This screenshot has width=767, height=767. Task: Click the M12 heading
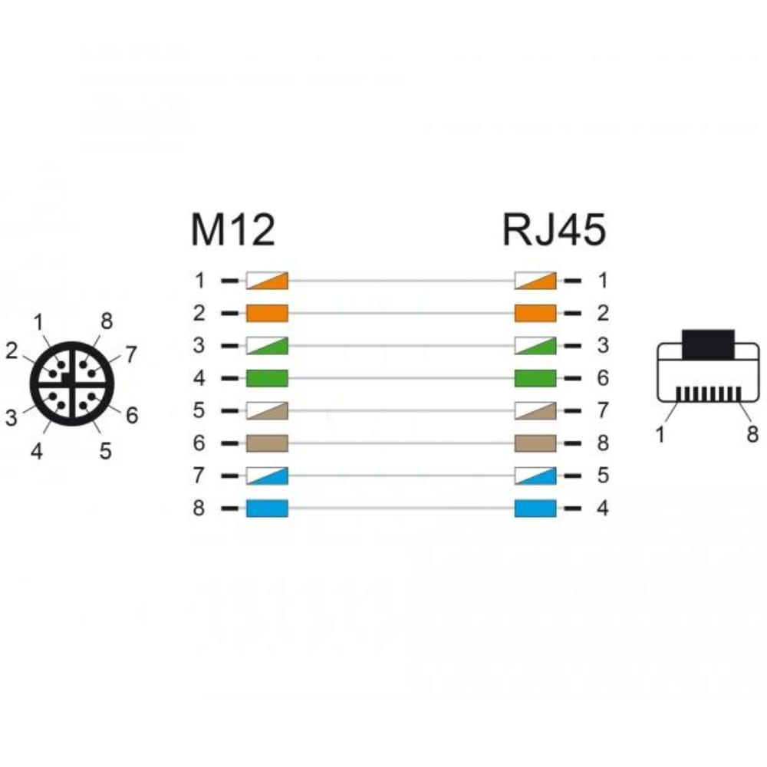click(x=233, y=230)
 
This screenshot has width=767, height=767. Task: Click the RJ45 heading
click(x=555, y=230)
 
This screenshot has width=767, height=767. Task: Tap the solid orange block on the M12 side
click(x=267, y=313)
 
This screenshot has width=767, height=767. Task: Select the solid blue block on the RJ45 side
click(x=535, y=509)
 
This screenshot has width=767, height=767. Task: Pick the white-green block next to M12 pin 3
click(x=267, y=345)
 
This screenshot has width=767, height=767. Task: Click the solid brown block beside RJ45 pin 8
click(x=535, y=443)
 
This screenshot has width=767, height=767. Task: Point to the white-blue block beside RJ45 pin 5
click(x=535, y=476)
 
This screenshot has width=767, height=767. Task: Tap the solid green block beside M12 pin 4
click(x=267, y=378)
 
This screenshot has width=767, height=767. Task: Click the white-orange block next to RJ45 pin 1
click(x=535, y=281)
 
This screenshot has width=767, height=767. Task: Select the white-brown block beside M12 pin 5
click(x=267, y=410)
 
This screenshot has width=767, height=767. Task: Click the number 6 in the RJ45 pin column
click(x=603, y=378)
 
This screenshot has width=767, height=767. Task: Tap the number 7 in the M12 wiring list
click(x=199, y=476)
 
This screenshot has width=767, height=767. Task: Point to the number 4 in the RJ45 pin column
click(x=603, y=509)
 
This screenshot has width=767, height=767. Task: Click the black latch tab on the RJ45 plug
click(x=708, y=345)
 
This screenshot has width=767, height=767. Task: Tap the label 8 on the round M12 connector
click(x=107, y=321)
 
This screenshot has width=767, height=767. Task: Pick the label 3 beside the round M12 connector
click(x=11, y=418)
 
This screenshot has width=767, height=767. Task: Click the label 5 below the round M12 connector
click(x=105, y=451)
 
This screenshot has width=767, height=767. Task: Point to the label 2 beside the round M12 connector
click(x=12, y=351)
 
